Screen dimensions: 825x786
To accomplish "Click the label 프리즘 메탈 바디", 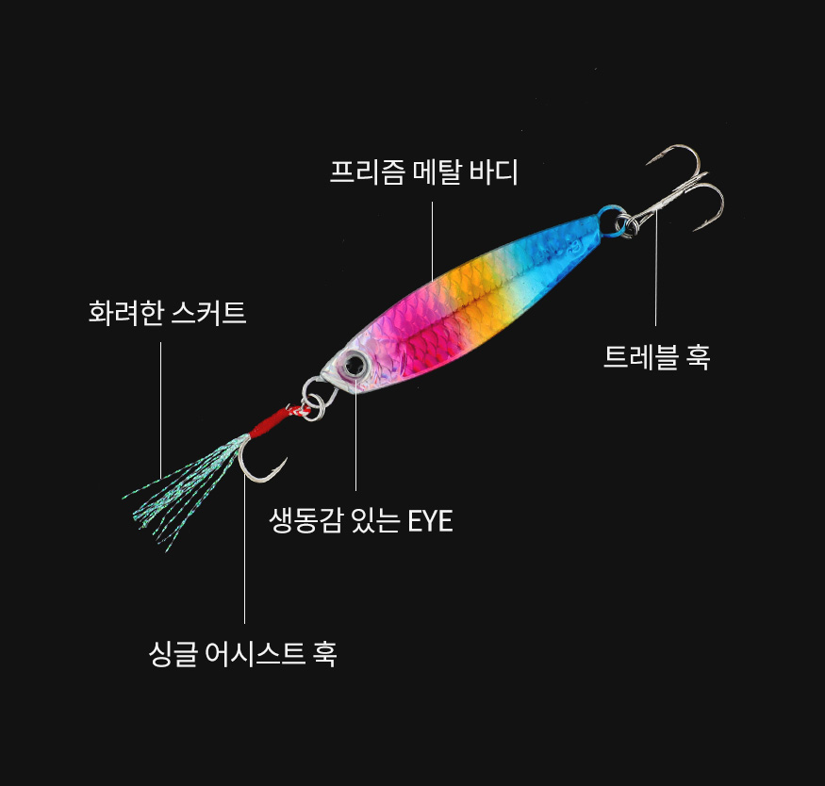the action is point(423,172).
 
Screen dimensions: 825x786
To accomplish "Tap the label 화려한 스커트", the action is point(167,313).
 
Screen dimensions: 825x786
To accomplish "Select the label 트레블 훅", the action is point(656,356).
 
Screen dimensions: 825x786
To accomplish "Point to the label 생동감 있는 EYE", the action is point(361,520).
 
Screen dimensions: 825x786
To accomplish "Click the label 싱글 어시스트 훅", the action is point(242,653).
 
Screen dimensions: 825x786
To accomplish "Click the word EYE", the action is point(430,521).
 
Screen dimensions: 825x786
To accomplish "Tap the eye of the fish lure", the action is point(355,364).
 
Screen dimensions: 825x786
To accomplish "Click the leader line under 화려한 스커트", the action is point(160,410).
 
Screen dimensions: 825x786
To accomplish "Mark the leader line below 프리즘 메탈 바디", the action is point(433,240).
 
